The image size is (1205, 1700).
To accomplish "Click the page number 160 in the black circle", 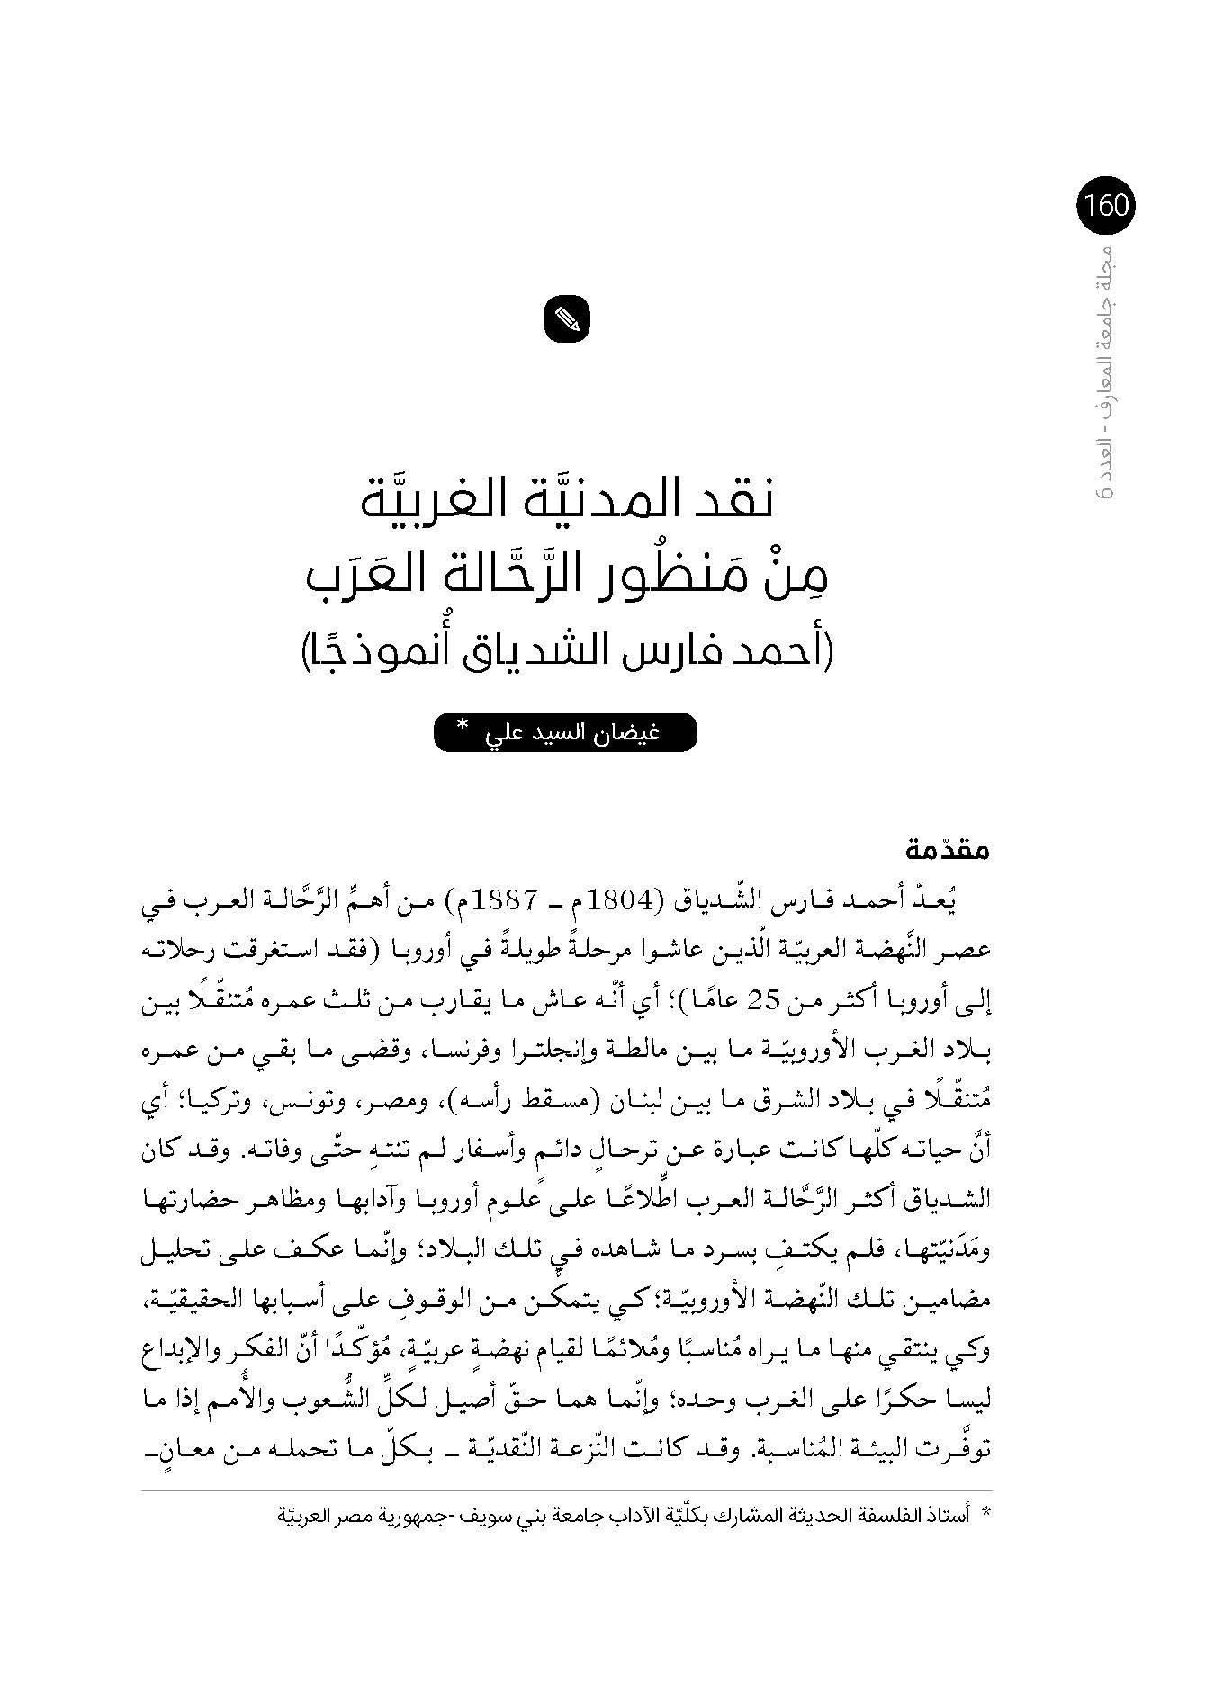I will [1106, 206].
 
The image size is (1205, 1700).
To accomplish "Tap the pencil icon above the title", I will [567, 318].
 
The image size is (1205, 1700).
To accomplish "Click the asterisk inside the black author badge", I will [463, 726].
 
